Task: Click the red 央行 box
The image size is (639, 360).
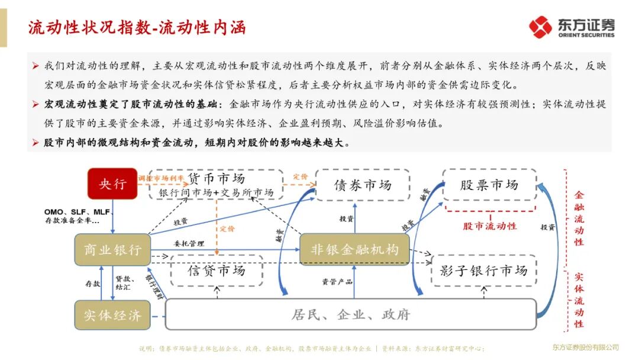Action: point(112,184)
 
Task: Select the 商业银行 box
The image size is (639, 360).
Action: point(112,250)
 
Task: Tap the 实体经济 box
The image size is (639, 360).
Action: point(112,315)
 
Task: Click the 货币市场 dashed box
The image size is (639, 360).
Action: point(216,185)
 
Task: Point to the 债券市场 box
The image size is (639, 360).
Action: point(363,185)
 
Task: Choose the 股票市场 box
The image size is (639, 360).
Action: point(489,184)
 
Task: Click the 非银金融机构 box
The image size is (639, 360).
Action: point(354,250)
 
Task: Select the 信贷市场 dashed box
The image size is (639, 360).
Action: point(217,271)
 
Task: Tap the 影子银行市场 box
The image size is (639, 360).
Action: point(484,271)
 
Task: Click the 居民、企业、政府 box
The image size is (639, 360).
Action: point(350,314)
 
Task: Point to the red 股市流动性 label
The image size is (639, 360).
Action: point(489,226)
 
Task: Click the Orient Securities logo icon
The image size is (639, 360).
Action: point(540,27)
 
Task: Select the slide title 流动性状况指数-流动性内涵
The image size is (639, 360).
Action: point(137,27)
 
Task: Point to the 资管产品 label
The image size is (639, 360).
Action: point(337,282)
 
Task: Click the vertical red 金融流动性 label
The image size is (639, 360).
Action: point(579,218)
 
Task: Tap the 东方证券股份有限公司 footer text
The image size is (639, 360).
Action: point(585,348)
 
